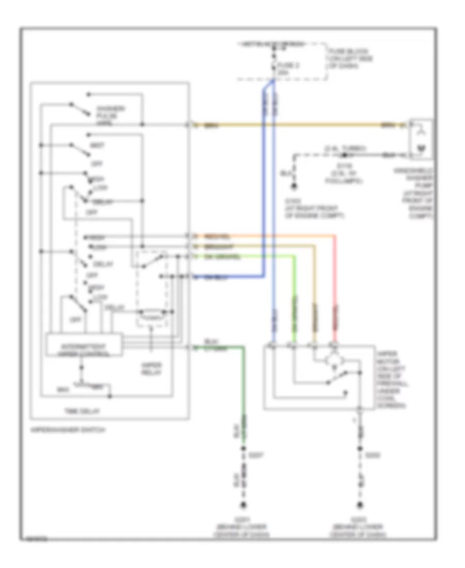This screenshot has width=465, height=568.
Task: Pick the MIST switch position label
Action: (x=97, y=146)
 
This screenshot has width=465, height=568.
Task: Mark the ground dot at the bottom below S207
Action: (x=242, y=504)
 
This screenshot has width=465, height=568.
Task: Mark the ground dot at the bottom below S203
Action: (x=358, y=504)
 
